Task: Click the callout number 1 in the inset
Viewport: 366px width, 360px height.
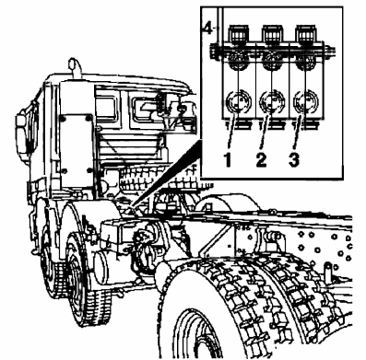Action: click(228, 159)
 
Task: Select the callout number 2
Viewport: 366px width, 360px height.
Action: click(261, 159)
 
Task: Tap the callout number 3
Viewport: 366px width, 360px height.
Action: click(294, 159)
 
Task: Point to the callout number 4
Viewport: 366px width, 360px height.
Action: click(208, 29)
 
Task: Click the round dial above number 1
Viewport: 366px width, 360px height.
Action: click(239, 101)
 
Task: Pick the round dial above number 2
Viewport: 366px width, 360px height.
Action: click(272, 101)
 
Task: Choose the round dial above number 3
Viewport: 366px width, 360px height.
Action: click(306, 101)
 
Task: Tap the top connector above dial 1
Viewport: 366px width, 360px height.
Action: click(239, 34)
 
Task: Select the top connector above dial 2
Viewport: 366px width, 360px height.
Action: click(272, 34)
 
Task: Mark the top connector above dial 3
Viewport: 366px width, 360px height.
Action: click(306, 34)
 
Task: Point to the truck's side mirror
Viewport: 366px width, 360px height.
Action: click(24, 132)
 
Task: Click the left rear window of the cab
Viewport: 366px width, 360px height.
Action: click(106, 107)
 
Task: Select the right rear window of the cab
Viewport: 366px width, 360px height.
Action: click(145, 108)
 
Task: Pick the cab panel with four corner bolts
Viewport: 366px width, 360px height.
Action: click(76, 145)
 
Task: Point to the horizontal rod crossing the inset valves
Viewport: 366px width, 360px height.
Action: click(272, 51)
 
